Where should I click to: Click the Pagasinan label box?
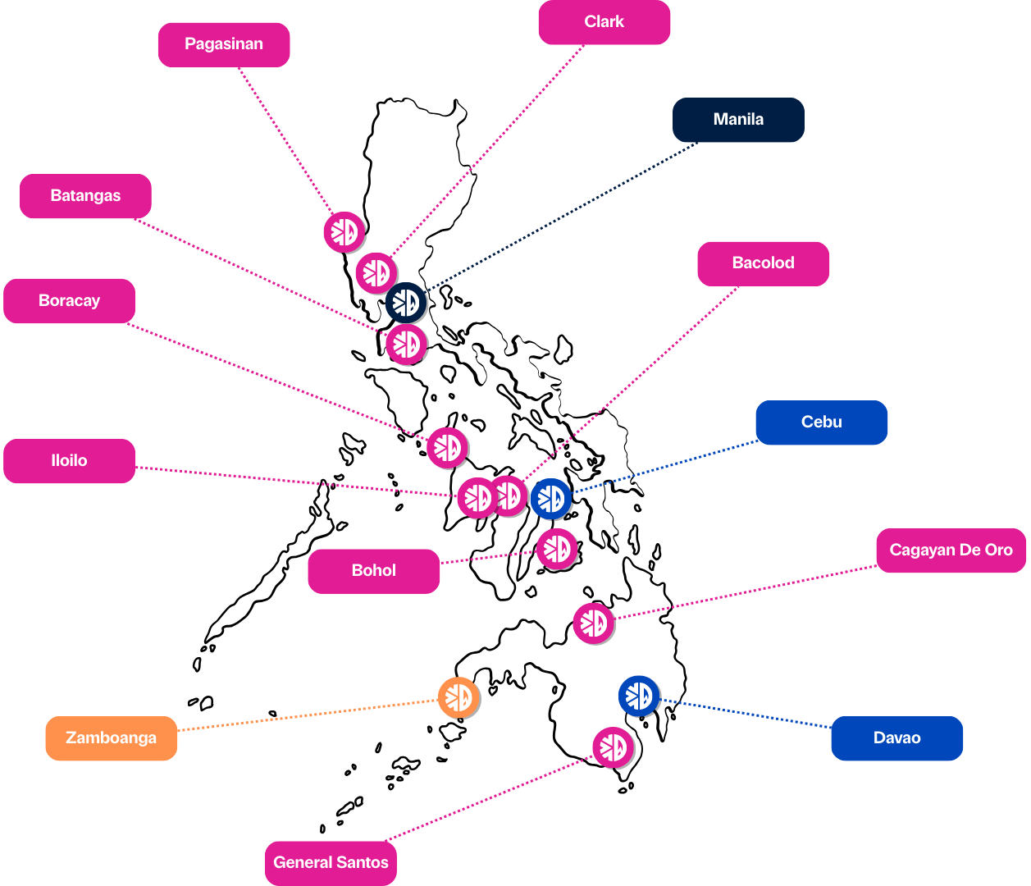pyautogui.click(x=224, y=44)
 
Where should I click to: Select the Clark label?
pyautogui.click(x=604, y=22)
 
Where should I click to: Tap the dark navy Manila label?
pyautogui.click(x=738, y=120)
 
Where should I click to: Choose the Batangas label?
pyautogui.click(x=85, y=196)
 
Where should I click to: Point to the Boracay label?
pyautogui.click(x=70, y=301)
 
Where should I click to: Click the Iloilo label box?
pyautogui.click(x=70, y=461)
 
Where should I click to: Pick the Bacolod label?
pyautogui.click(x=764, y=263)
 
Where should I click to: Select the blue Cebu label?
pyautogui.click(x=822, y=422)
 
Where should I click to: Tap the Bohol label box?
pyautogui.click(x=374, y=571)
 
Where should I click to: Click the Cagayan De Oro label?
pyautogui.click(x=951, y=550)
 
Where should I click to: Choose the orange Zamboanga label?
pyautogui.click(x=112, y=738)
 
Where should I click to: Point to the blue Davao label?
pyautogui.click(x=897, y=738)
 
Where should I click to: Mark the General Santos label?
pyautogui.click(x=331, y=863)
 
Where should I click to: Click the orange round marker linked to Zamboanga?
pyautogui.click(x=458, y=697)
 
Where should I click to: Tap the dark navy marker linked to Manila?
pyautogui.click(x=406, y=304)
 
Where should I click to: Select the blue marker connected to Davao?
pyautogui.click(x=638, y=696)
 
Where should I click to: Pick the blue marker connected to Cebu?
pyautogui.click(x=550, y=499)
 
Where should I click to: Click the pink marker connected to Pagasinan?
pyautogui.click(x=344, y=232)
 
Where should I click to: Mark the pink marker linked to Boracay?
pyautogui.click(x=447, y=448)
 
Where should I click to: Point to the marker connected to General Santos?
pyautogui.click(x=613, y=747)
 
